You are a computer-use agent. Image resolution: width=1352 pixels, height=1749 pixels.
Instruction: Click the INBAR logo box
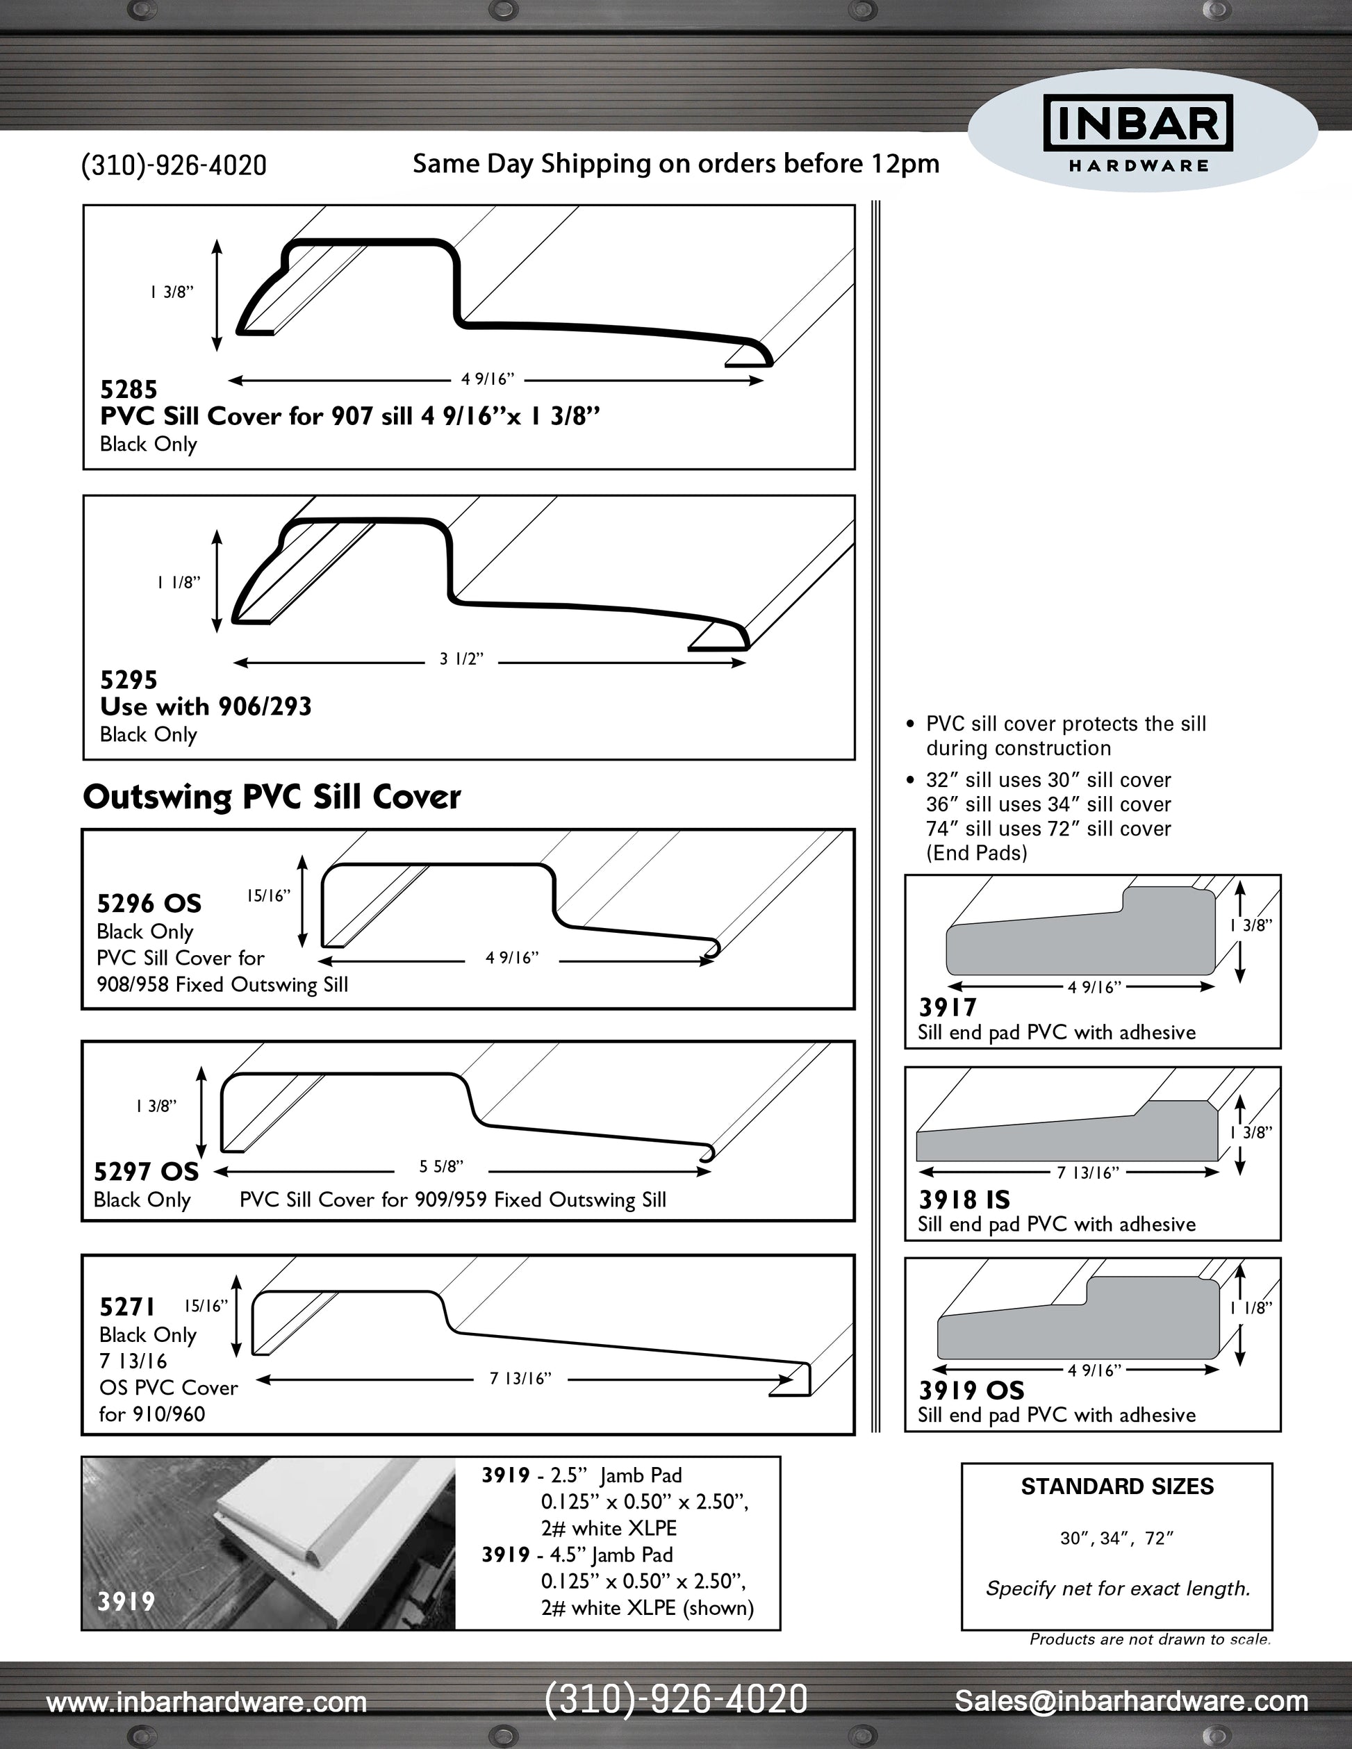[x=1138, y=124]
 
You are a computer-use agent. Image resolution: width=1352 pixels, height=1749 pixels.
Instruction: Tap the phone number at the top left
[x=174, y=165]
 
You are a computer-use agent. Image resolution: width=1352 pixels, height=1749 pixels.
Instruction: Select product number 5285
[x=128, y=389]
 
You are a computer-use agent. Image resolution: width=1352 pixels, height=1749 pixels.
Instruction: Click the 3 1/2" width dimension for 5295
[x=461, y=659]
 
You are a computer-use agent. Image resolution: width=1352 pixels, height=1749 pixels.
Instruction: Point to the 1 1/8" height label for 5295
[x=178, y=582]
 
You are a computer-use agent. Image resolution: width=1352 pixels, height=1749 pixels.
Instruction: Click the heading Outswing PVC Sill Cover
[x=272, y=797]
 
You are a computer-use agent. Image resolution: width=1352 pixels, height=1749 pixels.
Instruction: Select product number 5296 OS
[x=149, y=904]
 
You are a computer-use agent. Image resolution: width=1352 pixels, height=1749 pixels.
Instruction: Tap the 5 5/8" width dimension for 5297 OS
[x=441, y=1167]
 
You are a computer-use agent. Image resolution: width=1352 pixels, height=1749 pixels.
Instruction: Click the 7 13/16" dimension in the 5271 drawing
[x=520, y=1378]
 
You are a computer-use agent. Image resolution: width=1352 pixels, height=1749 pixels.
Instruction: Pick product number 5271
[x=126, y=1307]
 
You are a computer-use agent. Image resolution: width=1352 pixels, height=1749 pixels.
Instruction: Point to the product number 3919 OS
[x=971, y=1390]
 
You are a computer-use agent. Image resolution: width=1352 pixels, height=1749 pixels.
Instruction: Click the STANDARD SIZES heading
[x=1116, y=1486]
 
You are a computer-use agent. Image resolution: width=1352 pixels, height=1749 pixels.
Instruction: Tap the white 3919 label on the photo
[x=126, y=1601]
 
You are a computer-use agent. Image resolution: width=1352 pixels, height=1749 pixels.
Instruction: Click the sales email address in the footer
[x=1131, y=1701]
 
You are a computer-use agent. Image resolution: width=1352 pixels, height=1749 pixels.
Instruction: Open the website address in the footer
[x=206, y=1702]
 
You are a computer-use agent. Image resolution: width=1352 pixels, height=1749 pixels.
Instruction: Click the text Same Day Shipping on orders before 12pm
[x=675, y=163]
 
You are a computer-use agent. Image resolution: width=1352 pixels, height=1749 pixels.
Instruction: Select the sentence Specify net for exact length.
[x=1117, y=1588]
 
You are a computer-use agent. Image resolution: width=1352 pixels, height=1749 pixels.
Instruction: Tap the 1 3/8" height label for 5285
[x=172, y=292]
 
